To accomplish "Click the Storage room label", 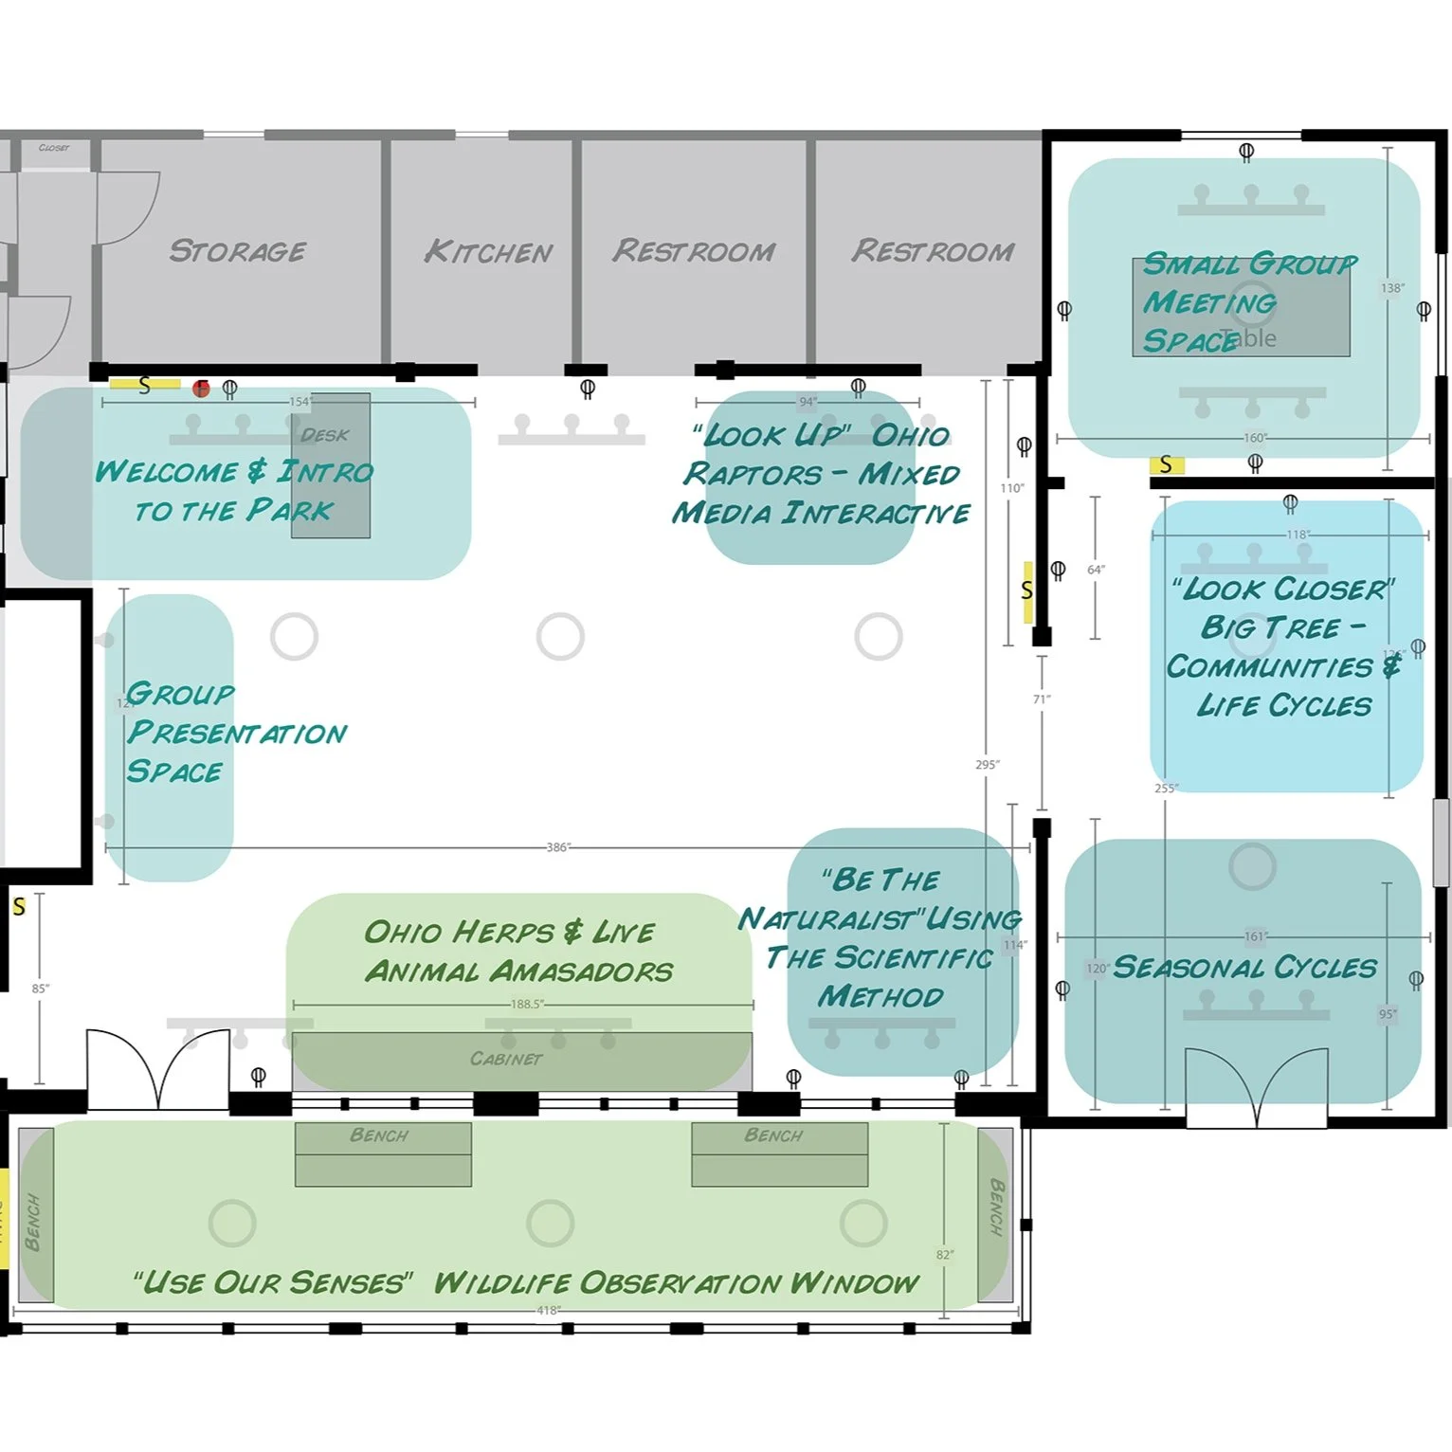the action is coord(237,251).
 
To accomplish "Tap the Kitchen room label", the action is coord(488,252).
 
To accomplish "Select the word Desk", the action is coord(324,435).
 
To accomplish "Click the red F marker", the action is coord(201,389).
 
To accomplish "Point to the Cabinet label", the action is coord(506,1059).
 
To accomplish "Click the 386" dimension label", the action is coord(558,847).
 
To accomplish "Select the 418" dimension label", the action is coord(549,1311).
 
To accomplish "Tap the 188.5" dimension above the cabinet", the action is coord(527,1004).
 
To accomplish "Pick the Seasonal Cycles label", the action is coord(1244,968).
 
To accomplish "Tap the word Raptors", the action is coord(753,474).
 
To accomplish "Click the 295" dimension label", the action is coord(988,765).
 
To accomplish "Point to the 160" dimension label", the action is coord(1254,438).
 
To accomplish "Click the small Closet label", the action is coord(54,148).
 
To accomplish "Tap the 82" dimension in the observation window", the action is coord(944,1255).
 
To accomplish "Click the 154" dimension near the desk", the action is coord(300,402).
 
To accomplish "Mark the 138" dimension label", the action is coord(1391,288).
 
